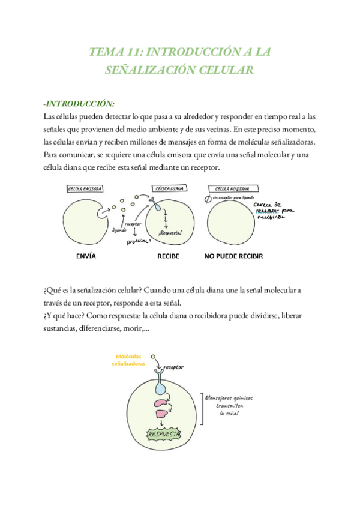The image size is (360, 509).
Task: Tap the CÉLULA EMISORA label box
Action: [x=85, y=188]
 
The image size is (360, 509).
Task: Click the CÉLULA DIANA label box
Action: [x=169, y=188]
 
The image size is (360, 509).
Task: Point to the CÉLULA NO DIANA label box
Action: [x=234, y=188]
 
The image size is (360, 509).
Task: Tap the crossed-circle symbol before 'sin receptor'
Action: [x=208, y=199]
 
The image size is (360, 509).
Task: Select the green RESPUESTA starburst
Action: [x=164, y=433]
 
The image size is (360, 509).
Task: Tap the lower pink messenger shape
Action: [x=162, y=414]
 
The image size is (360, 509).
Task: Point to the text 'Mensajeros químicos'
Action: [x=228, y=397]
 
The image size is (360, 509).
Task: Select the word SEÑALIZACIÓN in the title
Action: [x=147, y=70]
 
